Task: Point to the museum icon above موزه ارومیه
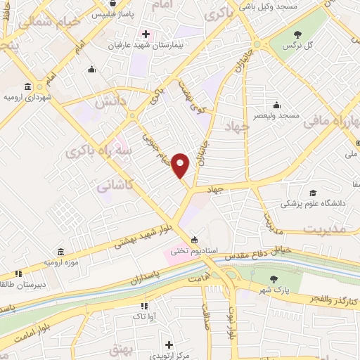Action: [60, 252]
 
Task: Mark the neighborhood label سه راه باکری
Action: [89, 151]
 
